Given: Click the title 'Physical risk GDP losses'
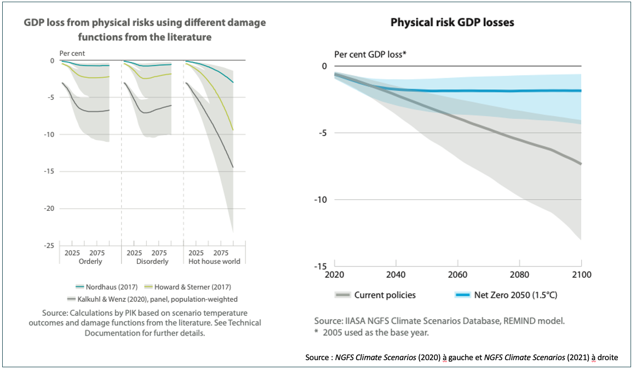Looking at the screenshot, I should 452,22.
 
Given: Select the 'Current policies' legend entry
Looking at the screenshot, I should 385,295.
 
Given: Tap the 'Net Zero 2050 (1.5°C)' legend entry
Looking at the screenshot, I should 512,295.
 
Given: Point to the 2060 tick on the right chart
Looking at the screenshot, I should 457,274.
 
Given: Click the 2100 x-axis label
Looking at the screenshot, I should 581,274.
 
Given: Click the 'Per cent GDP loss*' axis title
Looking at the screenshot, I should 370,54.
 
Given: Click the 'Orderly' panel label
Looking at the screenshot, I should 90,262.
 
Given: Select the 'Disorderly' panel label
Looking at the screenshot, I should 152,262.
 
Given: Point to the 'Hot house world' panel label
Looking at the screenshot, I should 214,262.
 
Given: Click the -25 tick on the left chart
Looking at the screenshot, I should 49,245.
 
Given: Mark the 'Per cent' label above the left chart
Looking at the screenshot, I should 72,53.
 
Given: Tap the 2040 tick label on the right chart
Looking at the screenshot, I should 396,274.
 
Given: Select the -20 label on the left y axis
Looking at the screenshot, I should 49,209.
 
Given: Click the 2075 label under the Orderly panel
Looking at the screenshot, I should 97,253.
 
